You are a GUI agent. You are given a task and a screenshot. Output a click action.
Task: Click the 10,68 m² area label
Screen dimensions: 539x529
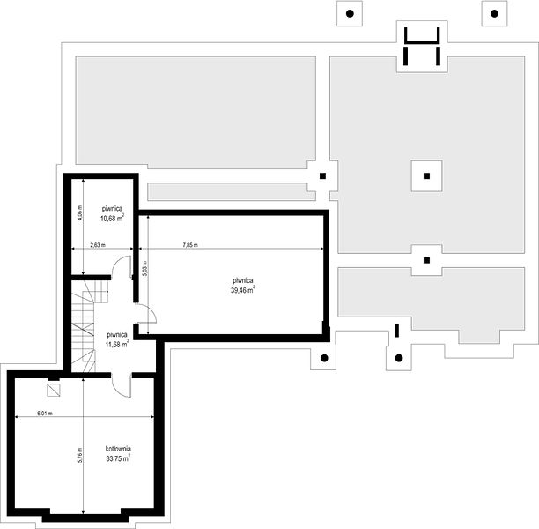click(112, 218)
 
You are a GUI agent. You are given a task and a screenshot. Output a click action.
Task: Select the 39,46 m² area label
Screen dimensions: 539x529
click(243, 290)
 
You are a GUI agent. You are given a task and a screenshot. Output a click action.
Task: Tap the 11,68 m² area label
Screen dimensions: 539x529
click(117, 344)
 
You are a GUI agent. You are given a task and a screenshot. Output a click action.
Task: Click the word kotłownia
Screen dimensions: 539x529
click(118, 449)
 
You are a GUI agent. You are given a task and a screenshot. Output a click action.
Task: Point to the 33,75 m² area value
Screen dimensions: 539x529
click(118, 458)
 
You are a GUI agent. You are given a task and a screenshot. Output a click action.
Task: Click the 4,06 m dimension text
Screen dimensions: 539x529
click(80, 213)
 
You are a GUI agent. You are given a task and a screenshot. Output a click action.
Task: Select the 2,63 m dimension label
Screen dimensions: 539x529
click(98, 245)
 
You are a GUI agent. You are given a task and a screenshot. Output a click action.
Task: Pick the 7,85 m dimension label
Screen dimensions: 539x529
click(190, 245)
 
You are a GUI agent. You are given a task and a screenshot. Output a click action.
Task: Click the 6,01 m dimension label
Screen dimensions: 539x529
click(45, 414)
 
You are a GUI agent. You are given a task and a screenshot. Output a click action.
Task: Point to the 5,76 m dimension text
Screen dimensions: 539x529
click(80, 455)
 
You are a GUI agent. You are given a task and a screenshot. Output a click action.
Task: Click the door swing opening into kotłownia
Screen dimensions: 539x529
click(121, 385)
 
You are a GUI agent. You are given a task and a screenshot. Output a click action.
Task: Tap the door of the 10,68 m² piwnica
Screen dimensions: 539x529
click(122, 267)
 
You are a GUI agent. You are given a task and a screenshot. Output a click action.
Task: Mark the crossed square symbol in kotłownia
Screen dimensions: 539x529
click(53, 391)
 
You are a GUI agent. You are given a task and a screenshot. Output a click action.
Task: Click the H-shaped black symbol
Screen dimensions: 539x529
click(422, 46)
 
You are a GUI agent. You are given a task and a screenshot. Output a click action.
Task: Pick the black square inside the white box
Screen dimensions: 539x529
click(426, 175)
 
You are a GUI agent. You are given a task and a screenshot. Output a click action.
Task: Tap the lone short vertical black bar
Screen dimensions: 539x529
click(397, 331)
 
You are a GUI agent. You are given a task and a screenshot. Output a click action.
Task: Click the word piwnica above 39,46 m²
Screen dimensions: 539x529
click(243, 280)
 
